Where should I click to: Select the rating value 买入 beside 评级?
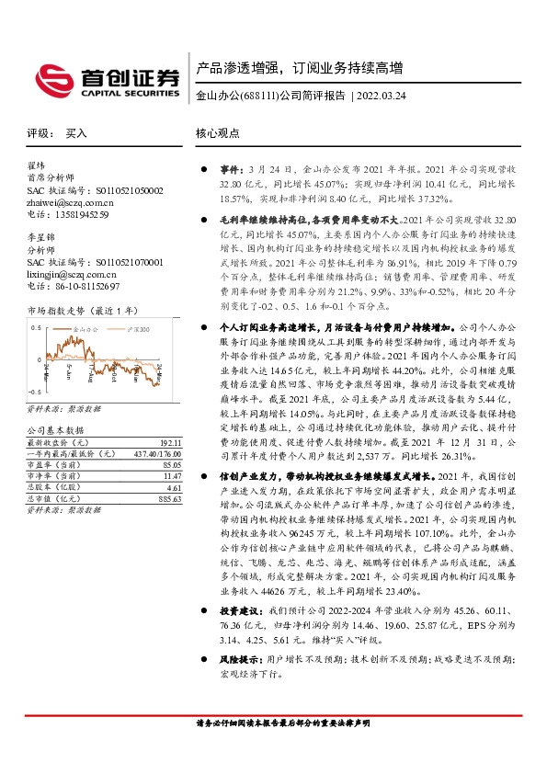tap(76, 133)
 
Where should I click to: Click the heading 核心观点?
tap(217, 133)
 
